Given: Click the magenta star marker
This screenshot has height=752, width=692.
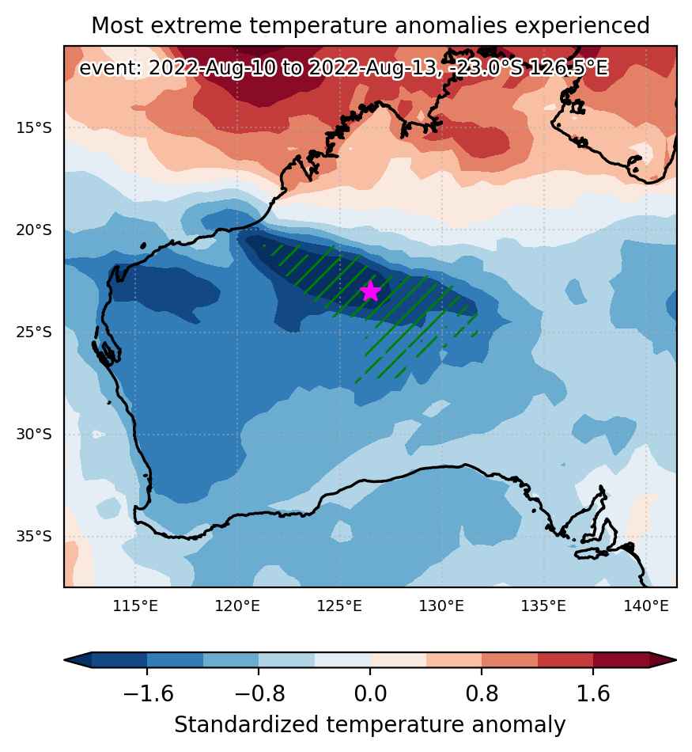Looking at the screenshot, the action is [370, 291].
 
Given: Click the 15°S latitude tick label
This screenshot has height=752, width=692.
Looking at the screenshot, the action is [33, 128].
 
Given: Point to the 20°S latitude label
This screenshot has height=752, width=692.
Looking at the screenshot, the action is [33, 230].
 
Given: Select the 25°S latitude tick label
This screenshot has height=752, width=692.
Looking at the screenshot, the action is [33, 332].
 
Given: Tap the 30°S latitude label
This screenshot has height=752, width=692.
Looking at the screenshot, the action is [33, 434].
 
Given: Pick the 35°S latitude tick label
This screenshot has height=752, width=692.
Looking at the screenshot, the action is [33, 536].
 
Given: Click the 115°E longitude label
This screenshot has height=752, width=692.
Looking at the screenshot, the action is [135, 606].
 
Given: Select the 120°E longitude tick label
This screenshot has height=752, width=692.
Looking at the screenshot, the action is [237, 606].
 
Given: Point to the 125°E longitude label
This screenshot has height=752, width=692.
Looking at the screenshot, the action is [339, 606].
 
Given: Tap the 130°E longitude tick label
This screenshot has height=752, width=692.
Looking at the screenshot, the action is [441, 606].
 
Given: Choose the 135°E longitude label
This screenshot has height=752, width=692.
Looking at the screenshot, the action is [543, 606].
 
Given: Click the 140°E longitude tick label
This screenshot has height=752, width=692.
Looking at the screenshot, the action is [645, 606].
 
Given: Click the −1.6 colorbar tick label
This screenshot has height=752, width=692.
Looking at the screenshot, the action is [148, 693].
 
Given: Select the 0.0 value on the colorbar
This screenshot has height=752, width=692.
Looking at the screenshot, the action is [370, 693].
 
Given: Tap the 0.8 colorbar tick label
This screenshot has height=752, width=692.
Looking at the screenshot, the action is [482, 693].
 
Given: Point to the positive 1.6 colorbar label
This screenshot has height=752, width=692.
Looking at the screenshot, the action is [593, 693].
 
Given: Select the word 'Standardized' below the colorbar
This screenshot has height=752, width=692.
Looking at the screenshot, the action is [246, 724].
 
